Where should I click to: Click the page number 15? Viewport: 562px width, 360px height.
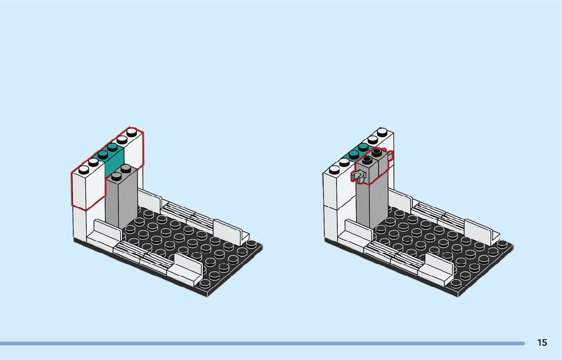coord(542,343)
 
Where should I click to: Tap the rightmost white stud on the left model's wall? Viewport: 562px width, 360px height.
coord(132,133)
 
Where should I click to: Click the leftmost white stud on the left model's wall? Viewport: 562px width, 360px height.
coord(84,170)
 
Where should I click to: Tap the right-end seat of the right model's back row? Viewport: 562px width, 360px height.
coord(481,231)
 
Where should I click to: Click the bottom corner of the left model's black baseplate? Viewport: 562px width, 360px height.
coord(207,295)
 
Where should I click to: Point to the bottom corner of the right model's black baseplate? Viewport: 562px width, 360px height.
coord(458,295)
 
